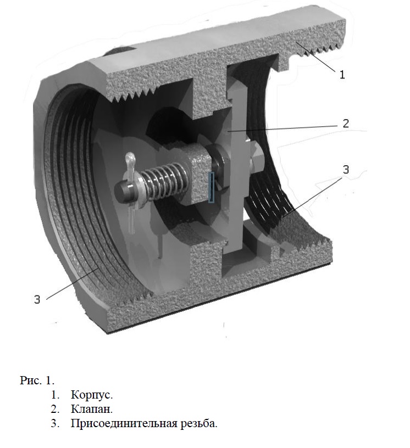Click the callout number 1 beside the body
(x=342, y=75)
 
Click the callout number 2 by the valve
(x=346, y=124)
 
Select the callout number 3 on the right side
(x=346, y=170)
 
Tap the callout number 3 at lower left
(x=37, y=299)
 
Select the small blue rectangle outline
(x=211, y=187)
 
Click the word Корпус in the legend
(x=92, y=395)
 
